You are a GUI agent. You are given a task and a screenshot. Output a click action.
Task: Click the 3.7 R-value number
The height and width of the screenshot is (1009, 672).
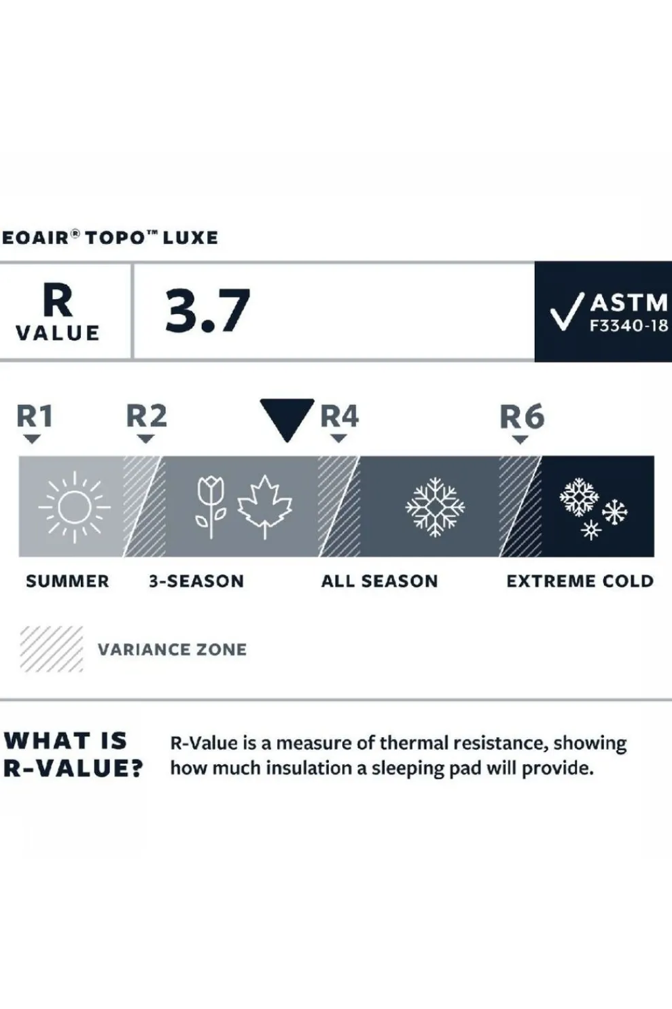(207, 311)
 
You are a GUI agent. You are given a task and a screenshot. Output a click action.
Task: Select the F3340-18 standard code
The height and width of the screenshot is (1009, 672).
(629, 326)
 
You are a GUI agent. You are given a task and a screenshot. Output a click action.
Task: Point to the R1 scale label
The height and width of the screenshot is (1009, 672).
(35, 415)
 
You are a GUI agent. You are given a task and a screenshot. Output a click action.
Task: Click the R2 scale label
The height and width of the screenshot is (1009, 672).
(147, 415)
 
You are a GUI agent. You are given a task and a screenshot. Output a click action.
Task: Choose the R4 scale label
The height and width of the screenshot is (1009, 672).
(339, 415)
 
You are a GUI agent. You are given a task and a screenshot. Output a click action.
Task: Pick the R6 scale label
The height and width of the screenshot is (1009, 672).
(522, 416)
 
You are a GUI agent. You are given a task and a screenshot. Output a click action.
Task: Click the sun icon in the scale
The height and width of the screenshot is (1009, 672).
(74, 507)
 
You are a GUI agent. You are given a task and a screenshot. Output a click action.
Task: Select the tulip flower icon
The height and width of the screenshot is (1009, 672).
(210, 507)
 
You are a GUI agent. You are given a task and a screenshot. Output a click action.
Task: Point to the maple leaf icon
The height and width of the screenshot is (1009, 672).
(265, 507)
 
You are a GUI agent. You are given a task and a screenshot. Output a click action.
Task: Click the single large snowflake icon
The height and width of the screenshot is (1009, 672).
(435, 507)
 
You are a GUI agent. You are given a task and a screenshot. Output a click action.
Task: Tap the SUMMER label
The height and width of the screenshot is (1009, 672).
(67, 581)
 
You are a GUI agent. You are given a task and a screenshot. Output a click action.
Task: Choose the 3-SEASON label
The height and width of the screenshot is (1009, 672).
(196, 581)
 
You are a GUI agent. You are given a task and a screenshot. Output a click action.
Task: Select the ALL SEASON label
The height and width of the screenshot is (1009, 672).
(379, 581)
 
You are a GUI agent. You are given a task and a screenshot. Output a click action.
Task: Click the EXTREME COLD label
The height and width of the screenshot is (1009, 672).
(580, 581)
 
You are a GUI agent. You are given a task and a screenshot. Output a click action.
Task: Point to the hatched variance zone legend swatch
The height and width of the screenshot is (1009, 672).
(52, 649)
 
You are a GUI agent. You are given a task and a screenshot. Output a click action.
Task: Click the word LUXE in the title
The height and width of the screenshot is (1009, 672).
(190, 237)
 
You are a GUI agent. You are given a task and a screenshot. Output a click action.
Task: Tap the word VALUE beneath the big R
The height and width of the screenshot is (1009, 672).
(58, 333)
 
